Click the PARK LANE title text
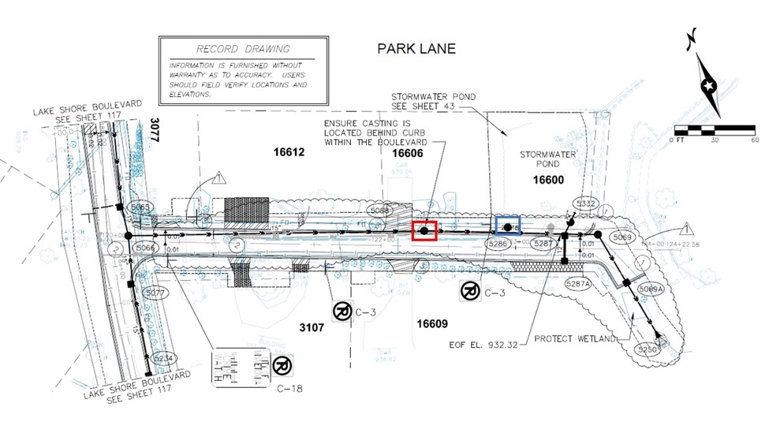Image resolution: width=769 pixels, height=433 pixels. tap(416, 49)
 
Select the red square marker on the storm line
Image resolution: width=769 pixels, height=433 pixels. tap(424, 230)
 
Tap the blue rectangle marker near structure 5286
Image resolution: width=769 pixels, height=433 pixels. tap(508, 226)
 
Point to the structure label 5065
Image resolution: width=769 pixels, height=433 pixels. tap(140, 207)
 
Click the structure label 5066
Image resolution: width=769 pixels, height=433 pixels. tap(145, 248)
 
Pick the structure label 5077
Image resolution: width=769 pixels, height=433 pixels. tap(156, 293)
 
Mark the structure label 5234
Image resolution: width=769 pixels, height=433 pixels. tap(163, 357)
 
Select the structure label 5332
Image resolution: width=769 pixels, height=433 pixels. tap(586, 203)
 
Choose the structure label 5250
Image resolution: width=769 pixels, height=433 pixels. tap(647, 348)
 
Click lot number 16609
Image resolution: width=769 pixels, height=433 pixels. tap(432, 323)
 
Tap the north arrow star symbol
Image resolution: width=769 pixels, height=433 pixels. tap(707, 84)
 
